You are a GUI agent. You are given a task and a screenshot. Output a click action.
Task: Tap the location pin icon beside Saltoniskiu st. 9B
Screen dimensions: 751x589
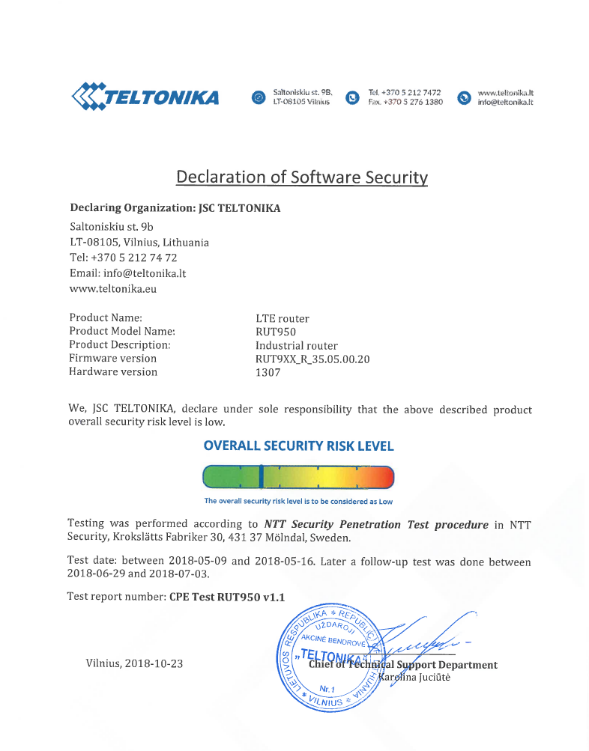(x=259, y=97)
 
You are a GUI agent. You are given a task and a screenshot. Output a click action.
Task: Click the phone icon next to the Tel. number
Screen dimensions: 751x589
(x=352, y=97)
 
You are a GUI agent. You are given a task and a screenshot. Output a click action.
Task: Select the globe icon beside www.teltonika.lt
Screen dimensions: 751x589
(x=464, y=97)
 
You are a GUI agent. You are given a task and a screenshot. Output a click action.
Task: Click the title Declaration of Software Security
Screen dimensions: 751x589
(x=301, y=177)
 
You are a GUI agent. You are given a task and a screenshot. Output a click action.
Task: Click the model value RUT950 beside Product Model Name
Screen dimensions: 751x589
(x=276, y=332)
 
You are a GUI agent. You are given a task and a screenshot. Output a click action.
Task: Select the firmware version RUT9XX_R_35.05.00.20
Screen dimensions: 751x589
(x=312, y=359)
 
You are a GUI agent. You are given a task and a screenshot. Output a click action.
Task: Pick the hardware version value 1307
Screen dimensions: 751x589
(x=268, y=373)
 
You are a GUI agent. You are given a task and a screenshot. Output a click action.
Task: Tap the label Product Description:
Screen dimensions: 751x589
(x=120, y=345)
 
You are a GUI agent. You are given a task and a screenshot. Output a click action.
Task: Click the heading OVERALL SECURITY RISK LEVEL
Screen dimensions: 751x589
(x=298, y=446)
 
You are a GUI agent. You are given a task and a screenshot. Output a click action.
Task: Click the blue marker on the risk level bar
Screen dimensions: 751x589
(x=260, y=476)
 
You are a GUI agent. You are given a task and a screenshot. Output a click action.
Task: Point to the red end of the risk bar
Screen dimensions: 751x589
(x=384, y=476)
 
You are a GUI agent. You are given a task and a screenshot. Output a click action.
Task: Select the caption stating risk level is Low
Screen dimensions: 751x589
(x=298, y=502)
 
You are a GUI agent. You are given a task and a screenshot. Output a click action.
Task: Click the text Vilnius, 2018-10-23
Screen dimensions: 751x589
(x=135, y=663)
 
